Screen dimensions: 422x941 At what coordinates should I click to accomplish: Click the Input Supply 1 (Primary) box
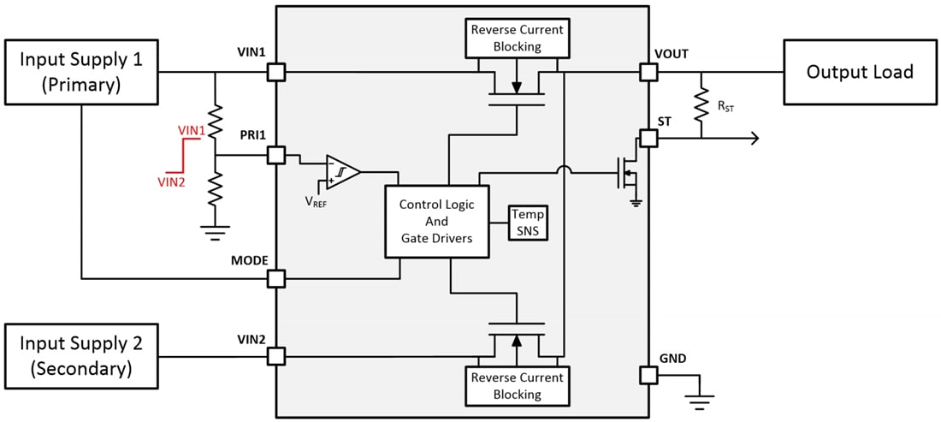click(81, 73)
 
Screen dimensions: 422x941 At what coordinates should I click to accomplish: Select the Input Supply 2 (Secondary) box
click(81, 356)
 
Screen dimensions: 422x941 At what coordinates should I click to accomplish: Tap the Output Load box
click(859, 72)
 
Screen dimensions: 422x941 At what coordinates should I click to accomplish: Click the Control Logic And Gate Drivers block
click(436, 222)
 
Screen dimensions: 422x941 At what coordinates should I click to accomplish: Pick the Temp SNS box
click(527, 222)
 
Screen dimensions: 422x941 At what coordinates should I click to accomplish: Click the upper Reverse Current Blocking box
click(517, 38)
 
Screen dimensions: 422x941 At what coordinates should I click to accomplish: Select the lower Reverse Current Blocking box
click(517, 386)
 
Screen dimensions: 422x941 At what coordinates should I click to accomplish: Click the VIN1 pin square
click(275, 73)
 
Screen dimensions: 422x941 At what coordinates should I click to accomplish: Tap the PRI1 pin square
click(275, 155)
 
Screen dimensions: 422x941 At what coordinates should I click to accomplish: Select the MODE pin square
click(275, 278)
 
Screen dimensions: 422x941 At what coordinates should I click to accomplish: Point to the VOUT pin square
click(648, 73)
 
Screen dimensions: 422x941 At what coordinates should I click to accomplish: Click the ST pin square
click(648, 137)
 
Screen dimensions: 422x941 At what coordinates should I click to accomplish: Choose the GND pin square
click(648, 375)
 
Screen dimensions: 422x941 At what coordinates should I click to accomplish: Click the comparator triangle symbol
click(341, 171)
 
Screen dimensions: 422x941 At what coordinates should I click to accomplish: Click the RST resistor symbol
click(702, 104)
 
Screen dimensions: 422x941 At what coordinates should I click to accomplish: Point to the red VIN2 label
click(171, 181)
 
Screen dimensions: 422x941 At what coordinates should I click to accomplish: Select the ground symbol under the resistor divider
click(215, 229)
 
